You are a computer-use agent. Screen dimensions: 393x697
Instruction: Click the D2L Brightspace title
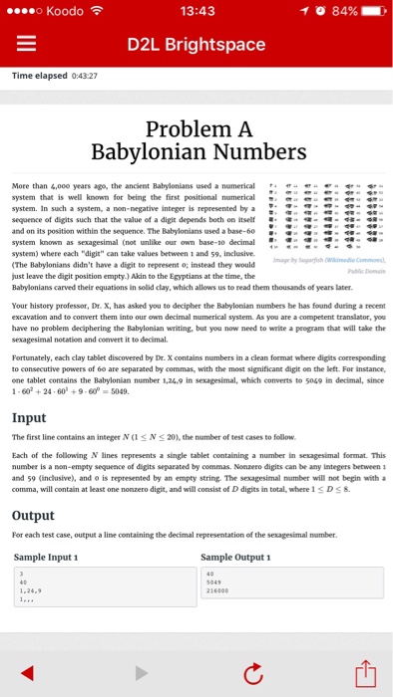[x=196, y=45]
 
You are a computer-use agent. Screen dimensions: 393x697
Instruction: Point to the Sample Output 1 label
[x=239, y=557]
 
